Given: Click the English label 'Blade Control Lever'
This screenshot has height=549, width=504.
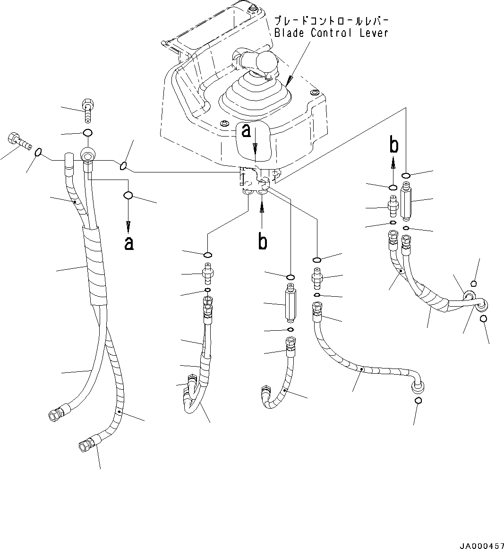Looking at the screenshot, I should (x=331, y=33).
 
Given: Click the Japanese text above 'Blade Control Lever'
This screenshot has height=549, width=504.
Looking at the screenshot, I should (x=331, y=21).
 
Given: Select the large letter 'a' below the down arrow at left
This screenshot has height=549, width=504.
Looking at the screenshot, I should (x=128, y=243).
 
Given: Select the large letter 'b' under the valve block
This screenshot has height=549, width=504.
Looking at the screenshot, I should (x=263, y=241).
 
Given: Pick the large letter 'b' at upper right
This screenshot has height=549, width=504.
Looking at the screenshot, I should (x=393, y=146).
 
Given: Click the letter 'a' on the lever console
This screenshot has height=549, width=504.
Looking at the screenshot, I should (x=246, y=131).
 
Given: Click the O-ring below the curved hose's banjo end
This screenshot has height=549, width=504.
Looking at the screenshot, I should (x=418, y=401).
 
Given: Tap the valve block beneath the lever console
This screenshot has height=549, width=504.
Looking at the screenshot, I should (x=255, y=182).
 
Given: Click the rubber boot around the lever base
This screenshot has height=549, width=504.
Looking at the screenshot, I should (x=255, y=97).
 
